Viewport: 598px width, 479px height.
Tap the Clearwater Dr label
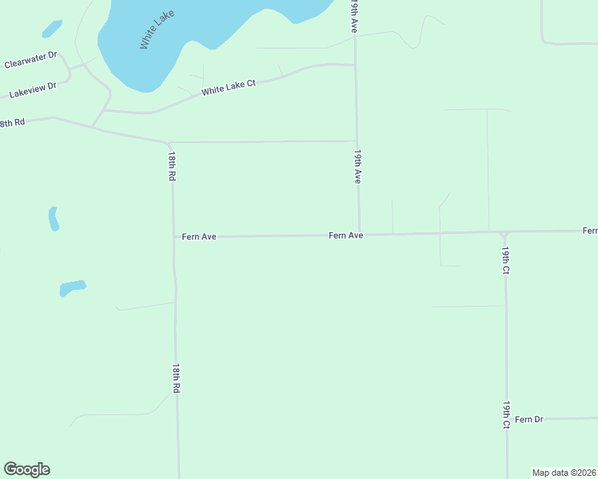coord(31,59)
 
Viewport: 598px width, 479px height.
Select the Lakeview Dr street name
coord(32,89)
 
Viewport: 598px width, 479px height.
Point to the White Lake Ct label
coord(228,87)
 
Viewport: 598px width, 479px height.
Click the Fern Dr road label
coord(528,419)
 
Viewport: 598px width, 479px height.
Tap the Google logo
coord(26,469)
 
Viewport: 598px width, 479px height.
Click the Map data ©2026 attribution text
coord(564,472)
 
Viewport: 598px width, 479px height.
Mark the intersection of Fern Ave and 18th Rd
coord(174,236)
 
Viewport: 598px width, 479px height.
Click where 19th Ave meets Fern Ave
coord(358,235)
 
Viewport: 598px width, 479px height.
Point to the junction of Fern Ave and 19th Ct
coord(504,233)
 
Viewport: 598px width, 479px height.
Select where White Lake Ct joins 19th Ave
coord(356,65)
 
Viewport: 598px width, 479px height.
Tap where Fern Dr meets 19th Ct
coord(507,418)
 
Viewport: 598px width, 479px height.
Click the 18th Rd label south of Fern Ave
coord(175,378)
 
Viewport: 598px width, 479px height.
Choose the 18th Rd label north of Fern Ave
coord(171,166)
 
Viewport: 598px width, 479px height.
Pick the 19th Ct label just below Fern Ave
coord(506,259)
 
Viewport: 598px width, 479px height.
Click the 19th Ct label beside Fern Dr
coord(507,415)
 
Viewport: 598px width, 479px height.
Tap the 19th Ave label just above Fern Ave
coord(358,166)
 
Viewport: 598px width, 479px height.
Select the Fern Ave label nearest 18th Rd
coord(199,236)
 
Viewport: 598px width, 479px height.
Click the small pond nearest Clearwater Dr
coord(51,29)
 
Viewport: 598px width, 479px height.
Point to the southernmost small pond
coord(72,287)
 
